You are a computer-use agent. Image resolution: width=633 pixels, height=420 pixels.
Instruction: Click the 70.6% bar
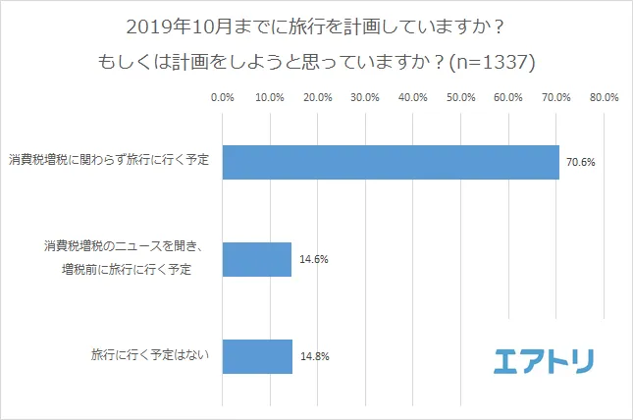391,162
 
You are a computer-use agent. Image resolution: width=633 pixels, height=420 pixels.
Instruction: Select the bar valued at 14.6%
257,260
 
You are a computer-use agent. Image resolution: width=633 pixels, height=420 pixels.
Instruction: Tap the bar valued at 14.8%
258,356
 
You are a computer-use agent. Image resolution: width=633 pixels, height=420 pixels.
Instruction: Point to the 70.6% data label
581,162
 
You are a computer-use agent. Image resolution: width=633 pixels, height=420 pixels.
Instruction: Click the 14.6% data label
313,260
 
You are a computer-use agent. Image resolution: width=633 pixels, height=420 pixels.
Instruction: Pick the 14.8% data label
314,356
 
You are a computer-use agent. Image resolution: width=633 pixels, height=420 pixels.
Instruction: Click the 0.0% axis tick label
223,97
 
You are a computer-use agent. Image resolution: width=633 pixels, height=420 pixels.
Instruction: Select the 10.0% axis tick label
270,97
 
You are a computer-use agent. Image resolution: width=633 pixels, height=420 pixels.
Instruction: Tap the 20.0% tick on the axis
318,97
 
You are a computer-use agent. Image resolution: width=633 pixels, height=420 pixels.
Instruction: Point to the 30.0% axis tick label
365,97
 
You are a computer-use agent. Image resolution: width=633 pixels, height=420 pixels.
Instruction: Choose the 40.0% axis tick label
413,97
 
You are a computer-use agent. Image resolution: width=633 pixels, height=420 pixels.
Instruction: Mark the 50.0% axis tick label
460,97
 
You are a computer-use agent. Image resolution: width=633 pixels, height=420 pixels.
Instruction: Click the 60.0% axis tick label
508,97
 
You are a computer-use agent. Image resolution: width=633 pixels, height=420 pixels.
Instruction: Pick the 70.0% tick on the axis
555,97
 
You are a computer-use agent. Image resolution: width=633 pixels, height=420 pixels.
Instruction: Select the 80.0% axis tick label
604,97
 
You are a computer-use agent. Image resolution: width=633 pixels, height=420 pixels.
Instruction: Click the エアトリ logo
543,359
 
